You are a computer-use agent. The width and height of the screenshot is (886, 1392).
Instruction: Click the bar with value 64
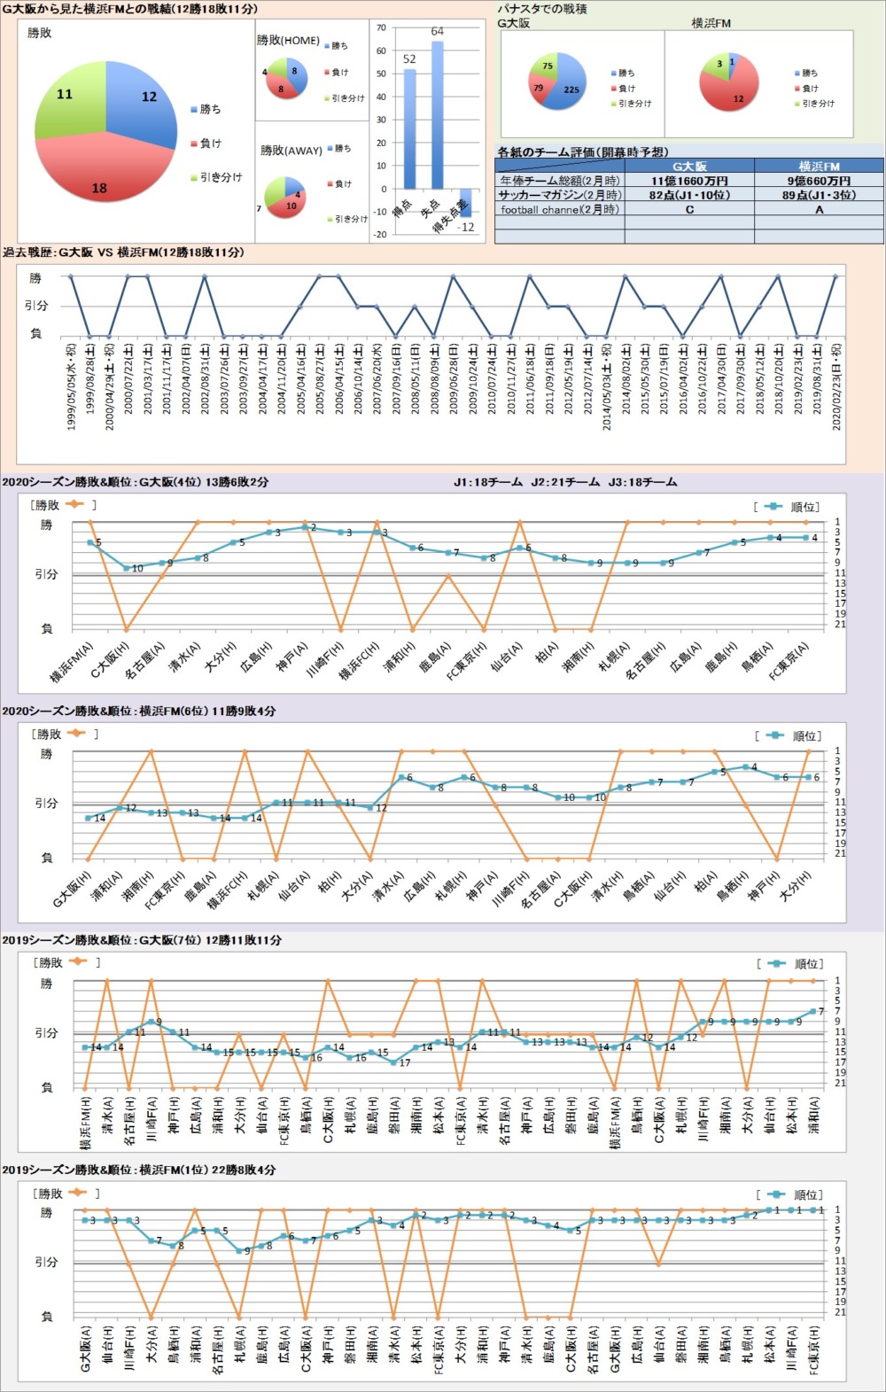tap(437, 115)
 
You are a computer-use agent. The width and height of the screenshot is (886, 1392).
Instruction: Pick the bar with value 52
tap(409, 128)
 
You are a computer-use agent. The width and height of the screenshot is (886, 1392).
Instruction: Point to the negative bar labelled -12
tap(465, 203)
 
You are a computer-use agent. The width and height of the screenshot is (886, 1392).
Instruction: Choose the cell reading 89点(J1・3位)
tap(819, 195)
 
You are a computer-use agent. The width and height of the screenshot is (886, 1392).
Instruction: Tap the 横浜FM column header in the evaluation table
tap(819, 166)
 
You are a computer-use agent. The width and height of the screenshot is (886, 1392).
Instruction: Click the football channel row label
tap(559, 210)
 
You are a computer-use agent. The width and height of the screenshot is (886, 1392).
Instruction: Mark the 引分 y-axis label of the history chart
tap(36, 306)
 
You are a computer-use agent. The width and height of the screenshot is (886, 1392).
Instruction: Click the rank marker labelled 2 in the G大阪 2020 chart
tap(305, 527)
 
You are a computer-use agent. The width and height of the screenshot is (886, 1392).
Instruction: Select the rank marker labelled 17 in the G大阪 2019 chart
tap(393, 1061)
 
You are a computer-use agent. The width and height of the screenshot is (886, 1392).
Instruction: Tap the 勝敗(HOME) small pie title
tap(288, 40)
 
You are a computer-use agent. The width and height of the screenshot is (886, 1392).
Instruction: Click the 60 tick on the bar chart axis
tap(381, 51)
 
